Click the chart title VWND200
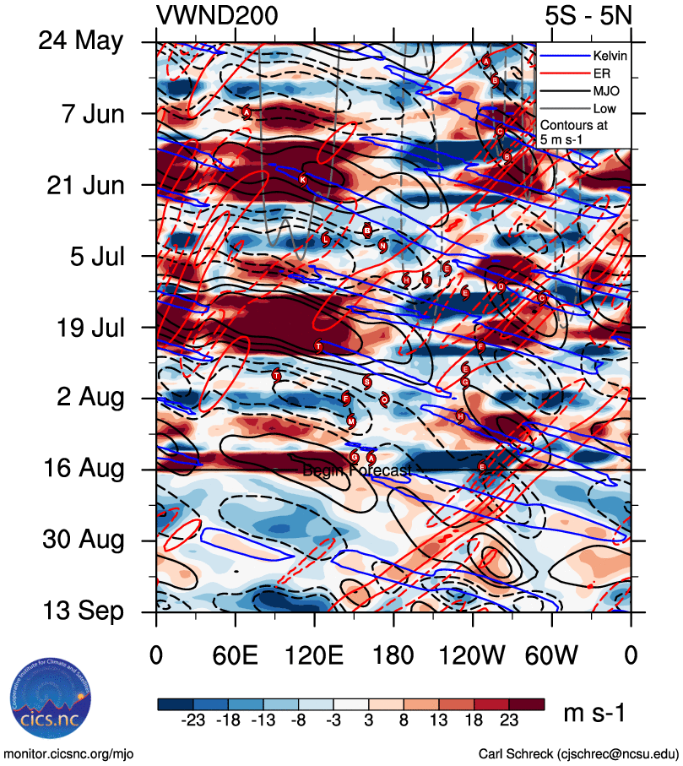click(217, 15)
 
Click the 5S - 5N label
click(588, 15)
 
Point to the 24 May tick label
click(81, 42)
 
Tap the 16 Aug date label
click(81, 469)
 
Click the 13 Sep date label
click(82, 611)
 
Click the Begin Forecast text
click(357, 470)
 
